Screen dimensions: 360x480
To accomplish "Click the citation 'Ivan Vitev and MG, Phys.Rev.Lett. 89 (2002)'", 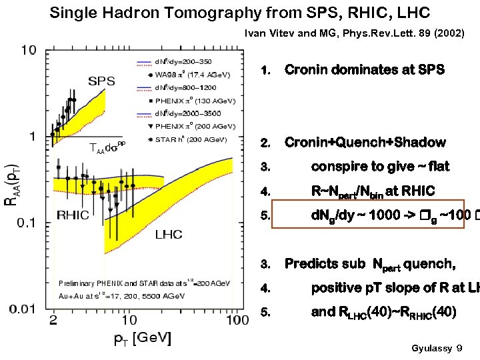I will pos(355,33).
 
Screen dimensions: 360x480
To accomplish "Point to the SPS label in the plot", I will pos(101,81).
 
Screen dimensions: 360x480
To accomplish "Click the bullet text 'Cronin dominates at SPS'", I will pos(364,70).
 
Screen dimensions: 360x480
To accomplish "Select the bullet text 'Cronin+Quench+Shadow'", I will pos(365,143).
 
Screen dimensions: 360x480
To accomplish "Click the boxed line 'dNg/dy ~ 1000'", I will pos(363,215).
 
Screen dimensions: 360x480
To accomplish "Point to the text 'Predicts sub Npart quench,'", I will pos(370,264).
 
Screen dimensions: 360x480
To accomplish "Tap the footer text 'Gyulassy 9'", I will pos(437,349).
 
